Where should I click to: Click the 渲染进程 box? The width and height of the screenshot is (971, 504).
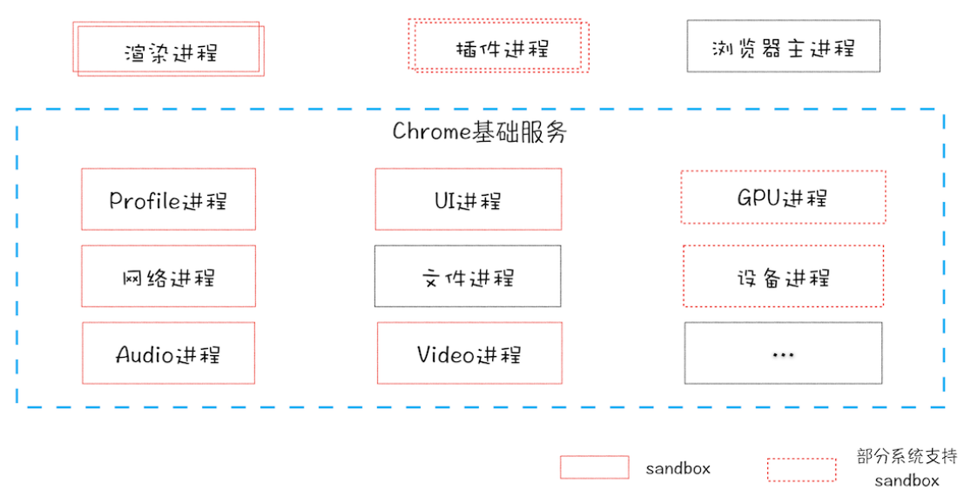tap(170, 49)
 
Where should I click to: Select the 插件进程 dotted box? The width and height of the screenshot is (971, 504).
tap(498, 45)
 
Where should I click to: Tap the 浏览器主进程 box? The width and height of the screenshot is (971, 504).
tap(783, 46)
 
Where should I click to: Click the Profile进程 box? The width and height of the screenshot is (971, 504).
tap(168, 199)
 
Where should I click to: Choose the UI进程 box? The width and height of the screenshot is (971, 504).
tap(468, 199)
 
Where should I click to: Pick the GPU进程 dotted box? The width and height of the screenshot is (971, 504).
tap(782, 197)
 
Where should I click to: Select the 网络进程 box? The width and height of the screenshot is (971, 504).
tap(168, 276)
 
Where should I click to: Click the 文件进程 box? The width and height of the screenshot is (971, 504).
tap(468, 276)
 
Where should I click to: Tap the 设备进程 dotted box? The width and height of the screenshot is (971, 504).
tap(782, 276)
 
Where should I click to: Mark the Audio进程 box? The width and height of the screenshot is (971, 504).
tap(168, 353)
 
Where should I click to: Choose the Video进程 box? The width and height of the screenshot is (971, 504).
tap(469, 353)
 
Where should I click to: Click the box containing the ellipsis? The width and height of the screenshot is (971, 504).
tap(782, 353)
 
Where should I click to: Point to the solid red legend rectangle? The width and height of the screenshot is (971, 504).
tap(594, 467)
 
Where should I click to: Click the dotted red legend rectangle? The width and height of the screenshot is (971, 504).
tap(801, 469)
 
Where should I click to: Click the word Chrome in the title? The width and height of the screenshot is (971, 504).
tap(432, 132)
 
